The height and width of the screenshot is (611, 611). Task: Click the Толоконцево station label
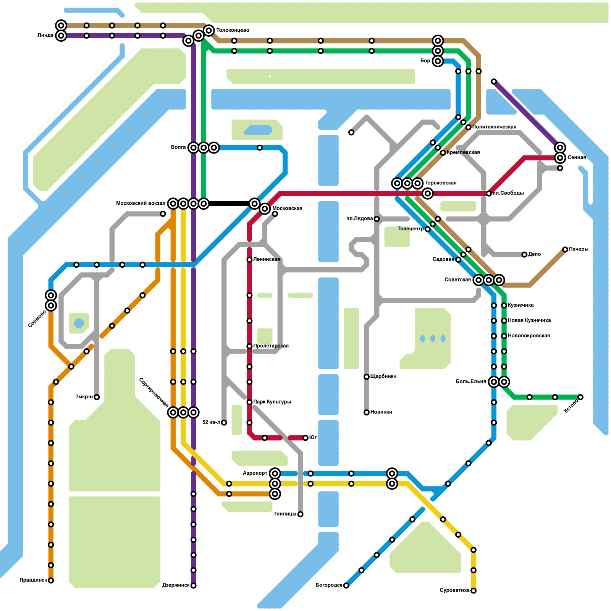tap(233, 30)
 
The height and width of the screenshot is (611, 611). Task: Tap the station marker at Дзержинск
tap(194, 585)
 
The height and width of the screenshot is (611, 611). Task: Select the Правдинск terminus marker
tap(51, 580)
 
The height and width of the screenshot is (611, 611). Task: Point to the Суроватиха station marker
tap(474, 591)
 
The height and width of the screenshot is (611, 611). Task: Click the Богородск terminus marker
tap(346, 585)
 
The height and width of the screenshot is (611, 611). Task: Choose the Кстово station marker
tap(580, 397)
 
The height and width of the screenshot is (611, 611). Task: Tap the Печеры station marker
tap(565, 249)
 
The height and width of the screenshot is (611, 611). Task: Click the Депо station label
tap(535, 254)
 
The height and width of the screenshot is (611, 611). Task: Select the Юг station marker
tap(305, 438)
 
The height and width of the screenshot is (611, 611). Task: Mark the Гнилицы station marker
tap(301, 514)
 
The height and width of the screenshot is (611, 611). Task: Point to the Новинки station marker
tap(367, 412)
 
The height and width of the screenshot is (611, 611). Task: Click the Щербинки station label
tap(383, 377)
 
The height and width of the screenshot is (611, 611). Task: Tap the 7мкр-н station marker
tap(97, 397)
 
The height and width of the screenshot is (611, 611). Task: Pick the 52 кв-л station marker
tap(224, 422)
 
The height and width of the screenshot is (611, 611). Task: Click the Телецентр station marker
tap(428, 229)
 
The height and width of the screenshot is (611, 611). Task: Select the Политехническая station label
tap(494, 127)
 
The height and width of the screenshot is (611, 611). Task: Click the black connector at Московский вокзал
tap(229, 204)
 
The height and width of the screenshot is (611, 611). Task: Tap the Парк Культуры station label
tap(272, 402)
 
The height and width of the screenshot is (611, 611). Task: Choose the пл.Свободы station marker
tap(489, 194)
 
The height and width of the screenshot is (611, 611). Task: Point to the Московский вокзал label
tap(141, 204)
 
